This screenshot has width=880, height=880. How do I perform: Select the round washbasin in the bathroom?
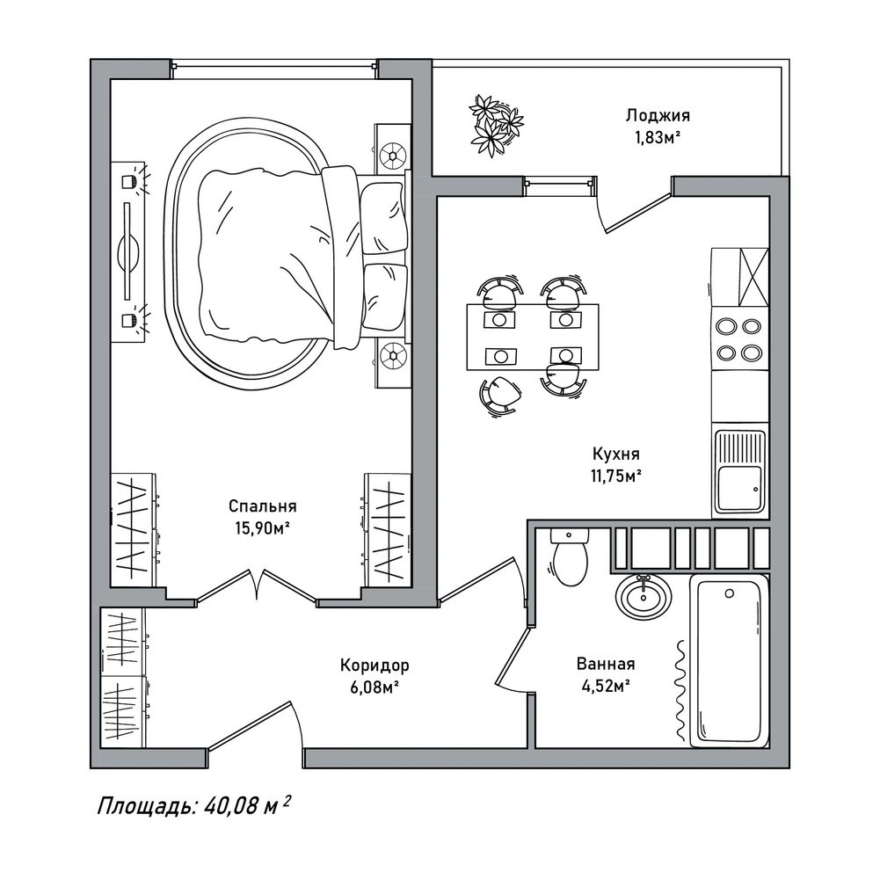click(644, 596)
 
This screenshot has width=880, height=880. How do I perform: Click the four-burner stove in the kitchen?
click(739, 338)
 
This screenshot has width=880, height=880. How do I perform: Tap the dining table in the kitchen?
click(533, 337)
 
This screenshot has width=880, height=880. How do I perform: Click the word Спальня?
click(262, 506)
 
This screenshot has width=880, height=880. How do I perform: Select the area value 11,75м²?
click(616, 476)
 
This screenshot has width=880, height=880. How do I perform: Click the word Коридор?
click(375, 665)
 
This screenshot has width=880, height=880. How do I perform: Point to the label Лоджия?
click(658, 116)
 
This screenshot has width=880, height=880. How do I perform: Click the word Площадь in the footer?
click(147, 807)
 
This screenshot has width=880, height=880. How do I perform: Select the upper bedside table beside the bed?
click(393, 147)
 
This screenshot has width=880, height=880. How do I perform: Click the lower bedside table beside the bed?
click(393, 364)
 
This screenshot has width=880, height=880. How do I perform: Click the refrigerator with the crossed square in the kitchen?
click(739, 276)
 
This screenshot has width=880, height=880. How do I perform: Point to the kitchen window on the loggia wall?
click(559, 182)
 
